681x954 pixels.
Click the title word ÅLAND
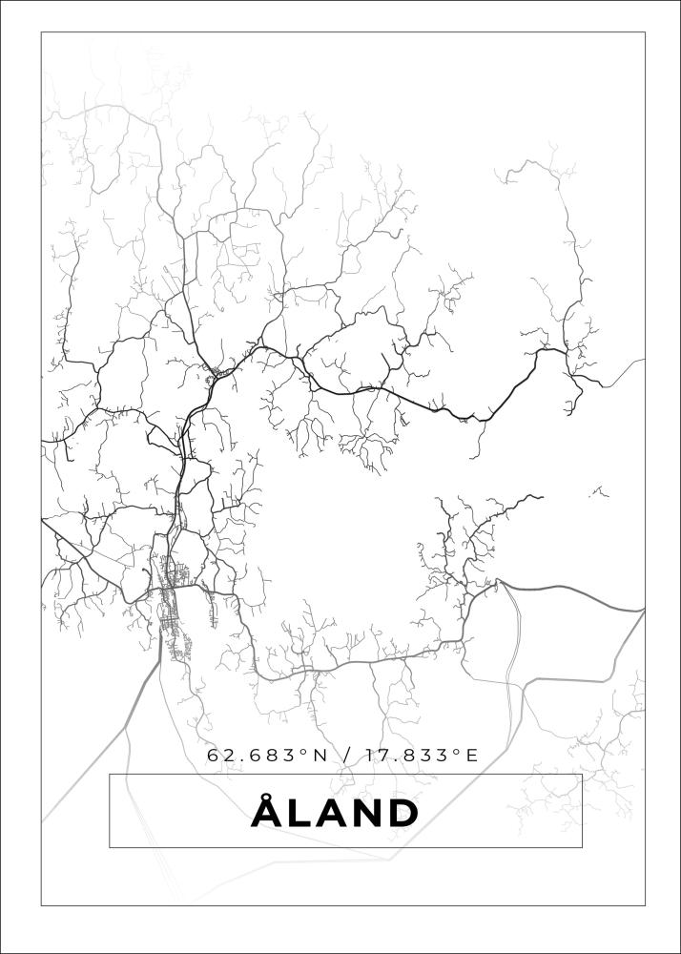pos(336,813)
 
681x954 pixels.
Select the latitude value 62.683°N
pos(266,756)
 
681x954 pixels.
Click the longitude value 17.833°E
pos(417,756)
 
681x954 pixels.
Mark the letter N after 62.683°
pos(320,756)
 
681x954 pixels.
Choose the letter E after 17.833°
pos(470,756)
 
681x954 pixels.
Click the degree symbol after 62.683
pos(305,752)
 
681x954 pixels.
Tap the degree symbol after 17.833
pos(456,752)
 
